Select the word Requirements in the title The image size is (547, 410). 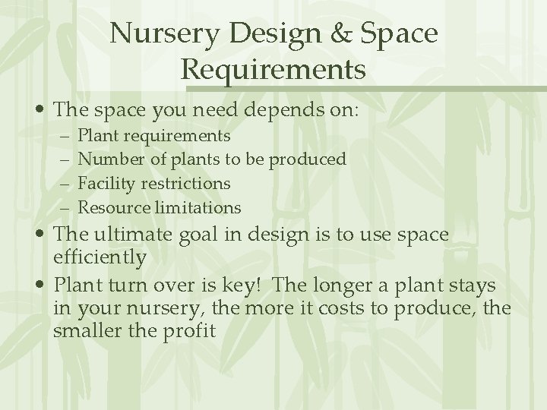coord(273,70)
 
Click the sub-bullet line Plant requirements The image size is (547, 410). coord(154,136)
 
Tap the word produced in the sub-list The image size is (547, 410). coord(308,159)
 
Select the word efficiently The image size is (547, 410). coord(100,257)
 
